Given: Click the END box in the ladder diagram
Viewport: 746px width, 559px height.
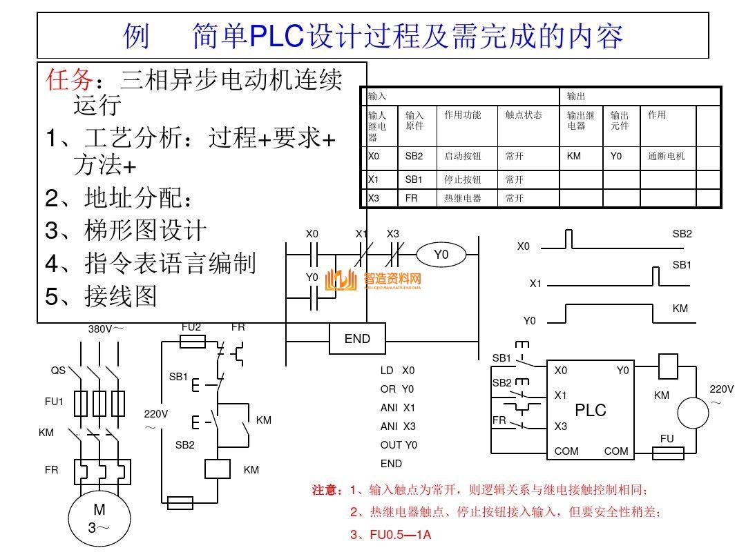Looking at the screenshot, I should [357, 339].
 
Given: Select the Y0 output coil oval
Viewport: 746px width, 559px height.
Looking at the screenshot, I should [441, 255].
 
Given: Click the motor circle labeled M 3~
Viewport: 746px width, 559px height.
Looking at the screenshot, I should [99, 519].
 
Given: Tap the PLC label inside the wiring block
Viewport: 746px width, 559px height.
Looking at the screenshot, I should [591, 410].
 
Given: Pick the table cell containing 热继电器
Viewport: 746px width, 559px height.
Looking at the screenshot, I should [462, 198].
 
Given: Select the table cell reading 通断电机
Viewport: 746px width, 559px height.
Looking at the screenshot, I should [667, 157].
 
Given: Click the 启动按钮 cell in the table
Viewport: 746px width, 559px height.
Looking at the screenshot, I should [462, 157].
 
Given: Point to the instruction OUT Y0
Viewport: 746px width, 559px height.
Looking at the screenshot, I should [399, 445].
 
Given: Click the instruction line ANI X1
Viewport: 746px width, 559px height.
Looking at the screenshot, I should [398, 408].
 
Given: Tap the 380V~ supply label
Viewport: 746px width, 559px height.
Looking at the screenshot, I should [106, 328].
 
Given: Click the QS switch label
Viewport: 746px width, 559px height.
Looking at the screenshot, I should [58, 371].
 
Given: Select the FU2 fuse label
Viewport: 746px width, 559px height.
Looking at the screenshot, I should [191, 327].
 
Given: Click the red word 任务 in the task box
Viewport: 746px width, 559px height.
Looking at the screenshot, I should [69, 81].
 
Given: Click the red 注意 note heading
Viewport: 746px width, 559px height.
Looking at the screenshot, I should [327, 491].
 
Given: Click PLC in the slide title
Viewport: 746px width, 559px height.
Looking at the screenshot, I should [276, 37].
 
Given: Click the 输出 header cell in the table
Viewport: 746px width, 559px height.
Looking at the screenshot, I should [576, 97].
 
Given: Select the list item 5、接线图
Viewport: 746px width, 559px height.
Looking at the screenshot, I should [102, 297].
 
